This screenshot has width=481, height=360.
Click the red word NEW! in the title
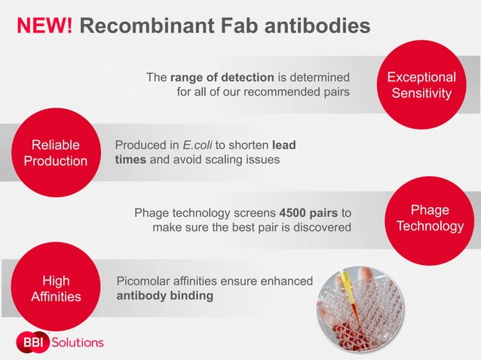(44, 26)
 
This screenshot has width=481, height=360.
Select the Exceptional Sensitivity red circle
(421, 85)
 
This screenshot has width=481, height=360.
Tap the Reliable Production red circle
(56, 153)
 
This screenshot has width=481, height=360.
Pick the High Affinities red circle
(56, 289)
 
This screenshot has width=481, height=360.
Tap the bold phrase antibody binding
(164, 295)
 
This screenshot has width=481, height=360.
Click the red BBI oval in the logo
(31, 342)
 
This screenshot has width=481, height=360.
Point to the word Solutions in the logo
(77, 342)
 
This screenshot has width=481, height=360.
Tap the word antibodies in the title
(313, 26)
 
